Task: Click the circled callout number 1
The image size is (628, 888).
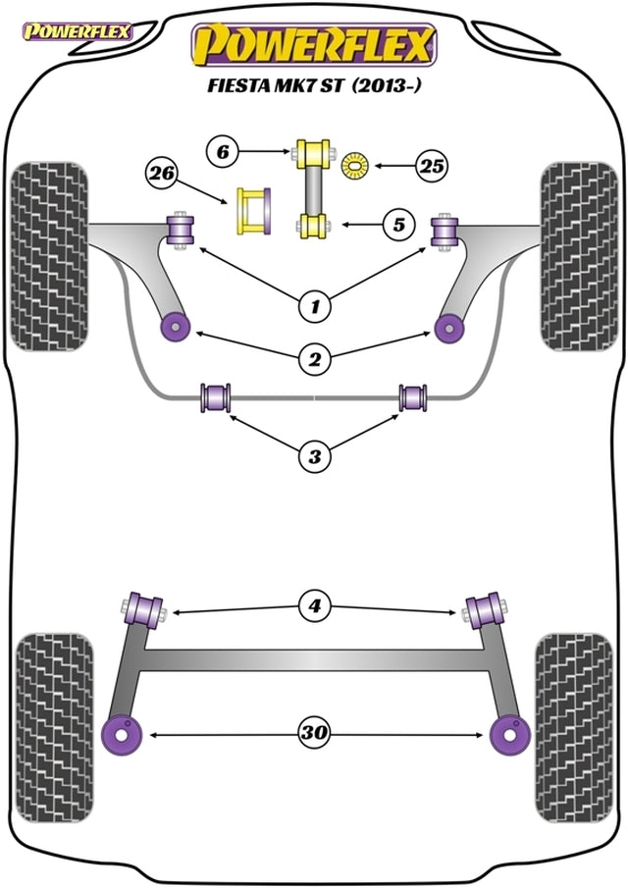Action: click(314, 308)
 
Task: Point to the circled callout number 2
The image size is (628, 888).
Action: click(314, 360)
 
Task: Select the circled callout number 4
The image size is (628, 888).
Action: click(314, 607)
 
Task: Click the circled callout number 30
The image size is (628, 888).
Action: click(314, 733)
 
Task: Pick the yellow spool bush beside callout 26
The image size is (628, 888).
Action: click(253, 210)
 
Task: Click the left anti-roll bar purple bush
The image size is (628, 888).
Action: click(215, 397)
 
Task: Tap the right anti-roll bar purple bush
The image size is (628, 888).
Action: click(413, 397)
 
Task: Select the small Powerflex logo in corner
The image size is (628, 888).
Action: click(76, 29)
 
